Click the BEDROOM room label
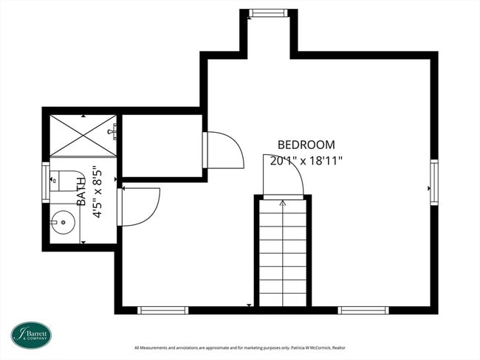(x=306, y=145)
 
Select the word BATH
(x=80, y=190)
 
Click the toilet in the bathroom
(x=69, y=180)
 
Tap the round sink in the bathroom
(x=63, y=220)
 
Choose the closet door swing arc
(x=226, y=150)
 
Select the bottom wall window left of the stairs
(x=163, y=311)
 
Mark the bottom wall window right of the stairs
(x=363, y=311)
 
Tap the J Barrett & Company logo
(x=30, y=335)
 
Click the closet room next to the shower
(x=162, y=145)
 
